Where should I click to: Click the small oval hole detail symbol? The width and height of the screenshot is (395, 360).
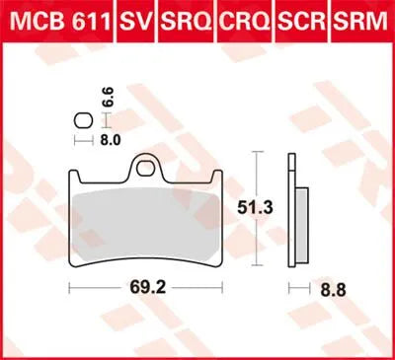click(84, 120)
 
